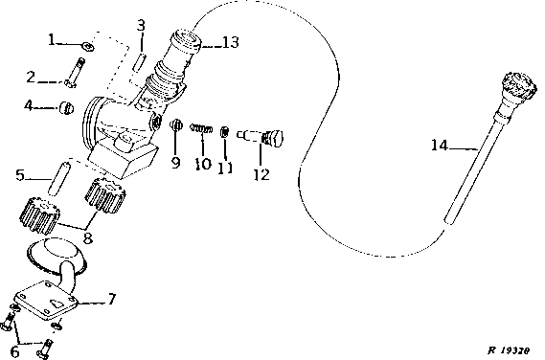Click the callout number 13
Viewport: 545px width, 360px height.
click(x=231, y=42)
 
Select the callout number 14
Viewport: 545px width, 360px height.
click(x=440, y=145)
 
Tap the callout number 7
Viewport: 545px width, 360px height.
click(x=111, y=299)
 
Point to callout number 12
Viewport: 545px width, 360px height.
click(x=261, y=174)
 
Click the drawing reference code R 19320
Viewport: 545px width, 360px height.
click(x=509, y=350)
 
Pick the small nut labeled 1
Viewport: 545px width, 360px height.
click(x=87, y=46)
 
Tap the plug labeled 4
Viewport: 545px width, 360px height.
click(x=66, y=107)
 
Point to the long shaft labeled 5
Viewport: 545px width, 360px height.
click(x=58, y=177)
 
